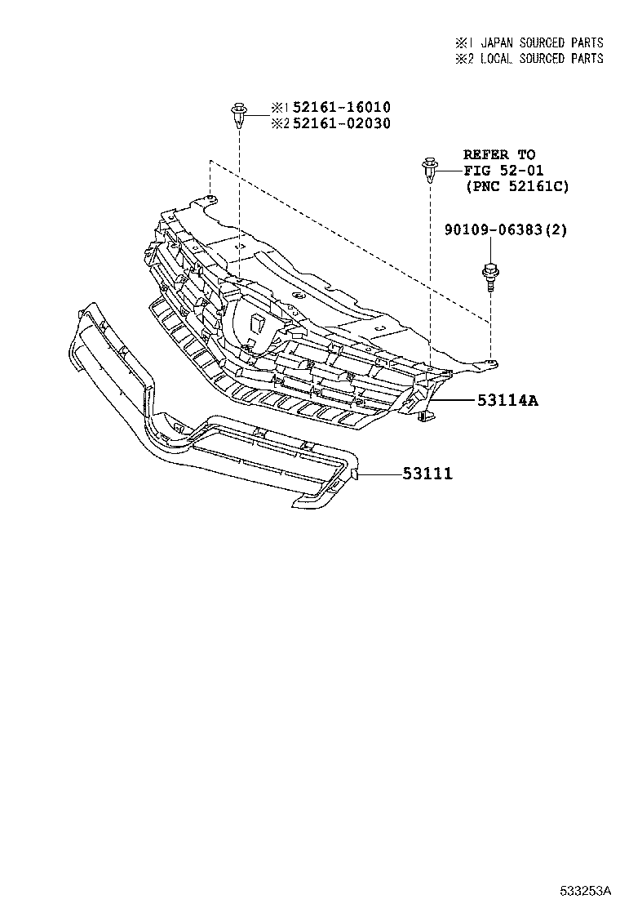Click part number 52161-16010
tap(340, 108)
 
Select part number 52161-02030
tap(340, 124)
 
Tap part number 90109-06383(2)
tap(506, 231)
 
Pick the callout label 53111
tap(427, 474)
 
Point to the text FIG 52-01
tap(503, 171)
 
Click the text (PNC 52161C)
tap(516, 187)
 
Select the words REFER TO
tap(499, 154)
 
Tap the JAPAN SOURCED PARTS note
tap(542, 42)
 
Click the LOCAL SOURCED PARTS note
tap(542, 59)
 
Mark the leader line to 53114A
tap(450, 401)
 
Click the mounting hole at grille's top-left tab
tap(210, 198)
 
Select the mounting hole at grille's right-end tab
tap(490, 360)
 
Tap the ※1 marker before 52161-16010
tap(279, 108)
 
